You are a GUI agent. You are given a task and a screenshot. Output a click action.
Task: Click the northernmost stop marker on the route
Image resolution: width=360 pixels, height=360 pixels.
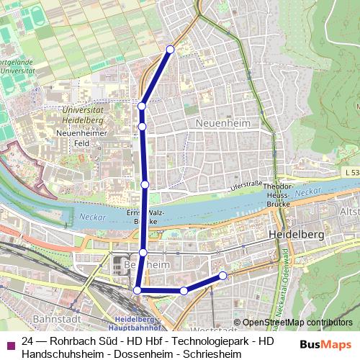171,49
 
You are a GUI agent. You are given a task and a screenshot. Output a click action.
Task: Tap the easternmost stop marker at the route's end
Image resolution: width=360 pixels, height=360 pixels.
223,275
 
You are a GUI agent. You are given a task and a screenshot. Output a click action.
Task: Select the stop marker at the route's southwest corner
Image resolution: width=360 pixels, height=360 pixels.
138,290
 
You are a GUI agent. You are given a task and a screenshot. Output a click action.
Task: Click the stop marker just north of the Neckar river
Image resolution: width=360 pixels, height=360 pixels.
145,184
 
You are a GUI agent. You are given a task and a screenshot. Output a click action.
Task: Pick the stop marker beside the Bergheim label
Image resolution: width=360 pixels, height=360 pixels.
143,252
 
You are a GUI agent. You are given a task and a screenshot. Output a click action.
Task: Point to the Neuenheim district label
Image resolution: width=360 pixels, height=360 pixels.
222,124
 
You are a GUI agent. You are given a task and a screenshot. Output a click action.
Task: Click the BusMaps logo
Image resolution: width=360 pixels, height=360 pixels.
326,344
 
